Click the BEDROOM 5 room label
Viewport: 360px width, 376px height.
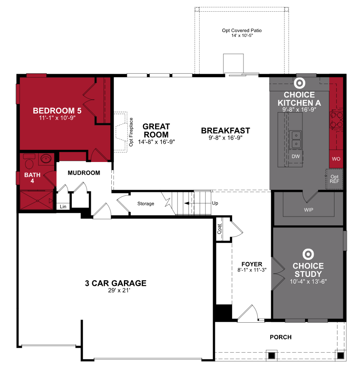(x=57, y=110)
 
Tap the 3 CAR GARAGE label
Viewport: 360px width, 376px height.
(x=116, y=283)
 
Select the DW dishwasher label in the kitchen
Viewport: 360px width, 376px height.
(x=296, y=156)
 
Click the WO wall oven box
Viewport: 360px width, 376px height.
(x=336, y=159)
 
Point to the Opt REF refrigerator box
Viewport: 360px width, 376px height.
(x=334, y=179)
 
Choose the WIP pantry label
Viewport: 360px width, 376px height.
(x=308, y=210)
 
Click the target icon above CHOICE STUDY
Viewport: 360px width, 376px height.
(x=308, y=253)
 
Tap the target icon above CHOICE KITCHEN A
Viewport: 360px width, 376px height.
(x=299, y=83)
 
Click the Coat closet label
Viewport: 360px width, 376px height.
(x=220, y=229)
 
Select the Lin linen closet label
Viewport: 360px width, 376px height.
(x=63, y=207)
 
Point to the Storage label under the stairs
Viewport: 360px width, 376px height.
(x=146, y=204)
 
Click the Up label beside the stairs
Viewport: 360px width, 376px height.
(x=215, y=203)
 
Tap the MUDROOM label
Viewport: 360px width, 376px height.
(x=84, y=173)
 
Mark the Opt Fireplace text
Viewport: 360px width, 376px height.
(x=131, y=133)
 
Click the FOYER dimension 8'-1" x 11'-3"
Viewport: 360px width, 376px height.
(x=252, y=270)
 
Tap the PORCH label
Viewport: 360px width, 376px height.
(x=280, y=337)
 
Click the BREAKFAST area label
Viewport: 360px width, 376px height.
(x=225, y=130)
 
